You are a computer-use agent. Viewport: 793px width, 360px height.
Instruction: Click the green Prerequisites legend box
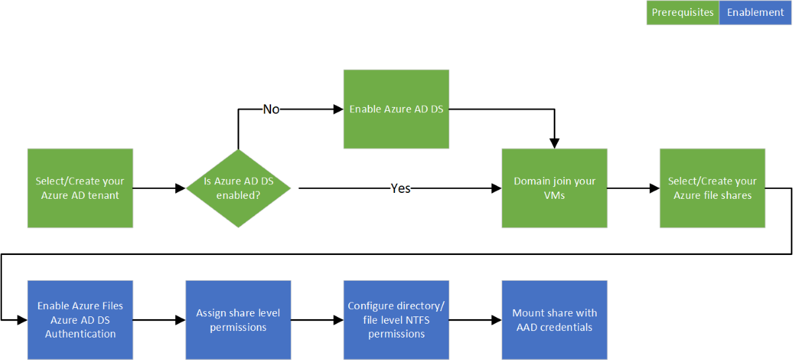click(683, 13)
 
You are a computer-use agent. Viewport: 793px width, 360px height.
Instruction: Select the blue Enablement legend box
click(755, 13)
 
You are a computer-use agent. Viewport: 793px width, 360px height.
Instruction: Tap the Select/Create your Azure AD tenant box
click(80, 188)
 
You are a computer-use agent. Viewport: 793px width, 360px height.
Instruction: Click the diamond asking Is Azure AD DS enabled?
click(239, 188)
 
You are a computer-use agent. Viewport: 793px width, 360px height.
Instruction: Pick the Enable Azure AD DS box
click(396, 109)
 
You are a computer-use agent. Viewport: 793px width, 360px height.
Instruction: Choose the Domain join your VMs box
click(554, 188)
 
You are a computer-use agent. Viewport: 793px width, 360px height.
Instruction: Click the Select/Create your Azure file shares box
click(712, 188)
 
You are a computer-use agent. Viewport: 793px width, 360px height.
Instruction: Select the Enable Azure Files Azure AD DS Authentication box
click(80, 320)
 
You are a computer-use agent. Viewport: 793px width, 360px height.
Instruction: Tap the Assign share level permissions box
click(239, 320)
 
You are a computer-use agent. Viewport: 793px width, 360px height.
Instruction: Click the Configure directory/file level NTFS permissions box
click(396, 320)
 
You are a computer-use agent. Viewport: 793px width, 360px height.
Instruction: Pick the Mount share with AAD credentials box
click(554, 320)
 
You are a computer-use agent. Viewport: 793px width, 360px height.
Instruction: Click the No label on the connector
click(271, 109)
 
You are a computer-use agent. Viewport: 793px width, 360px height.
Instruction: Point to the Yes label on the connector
click(400, 188)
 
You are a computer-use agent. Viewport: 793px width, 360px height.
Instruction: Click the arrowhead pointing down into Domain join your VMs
click(554, 143)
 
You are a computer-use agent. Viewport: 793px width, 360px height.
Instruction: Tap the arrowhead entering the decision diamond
click(180, 188)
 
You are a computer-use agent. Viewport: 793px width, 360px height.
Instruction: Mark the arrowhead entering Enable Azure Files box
click(22, 320)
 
